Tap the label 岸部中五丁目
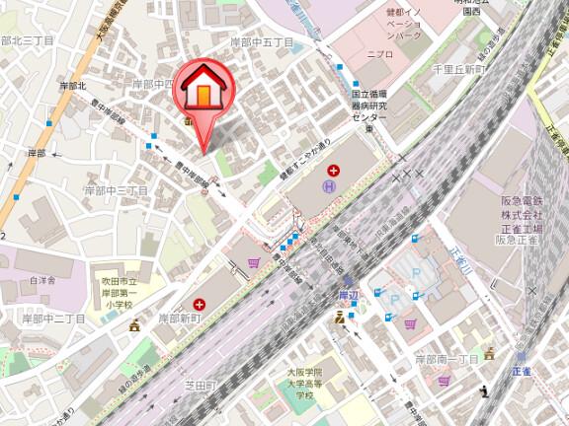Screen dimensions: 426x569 click(261, 42)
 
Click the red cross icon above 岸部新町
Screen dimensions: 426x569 click(201, 304)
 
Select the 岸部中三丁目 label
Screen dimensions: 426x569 click(115, 189)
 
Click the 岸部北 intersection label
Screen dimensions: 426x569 click(74, 87)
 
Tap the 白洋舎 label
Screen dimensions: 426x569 click(42, 278)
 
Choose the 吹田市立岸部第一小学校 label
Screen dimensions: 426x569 click(122, 293)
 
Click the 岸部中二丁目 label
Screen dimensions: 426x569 click(54, 319)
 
